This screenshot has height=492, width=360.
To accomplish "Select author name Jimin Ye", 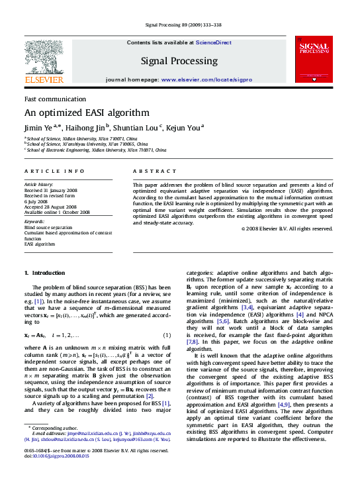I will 40,127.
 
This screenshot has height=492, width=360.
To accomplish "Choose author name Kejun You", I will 183,127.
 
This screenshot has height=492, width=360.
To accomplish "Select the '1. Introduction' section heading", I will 44,273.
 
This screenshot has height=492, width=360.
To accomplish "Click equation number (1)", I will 167,334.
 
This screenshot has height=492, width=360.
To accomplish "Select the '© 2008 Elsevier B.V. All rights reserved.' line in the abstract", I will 287,228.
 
